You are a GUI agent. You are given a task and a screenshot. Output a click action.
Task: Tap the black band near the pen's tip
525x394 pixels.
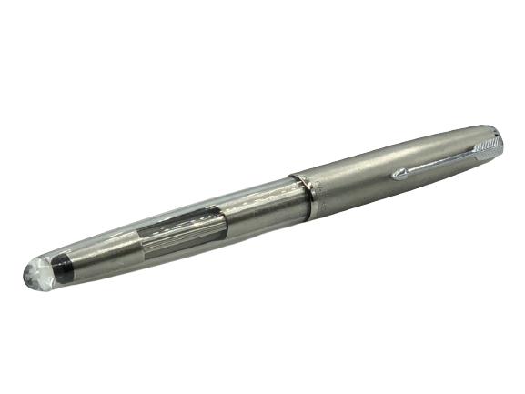click(x=62, y=264)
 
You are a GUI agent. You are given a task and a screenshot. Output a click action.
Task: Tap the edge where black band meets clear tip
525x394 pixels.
click(x=52, y=267)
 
